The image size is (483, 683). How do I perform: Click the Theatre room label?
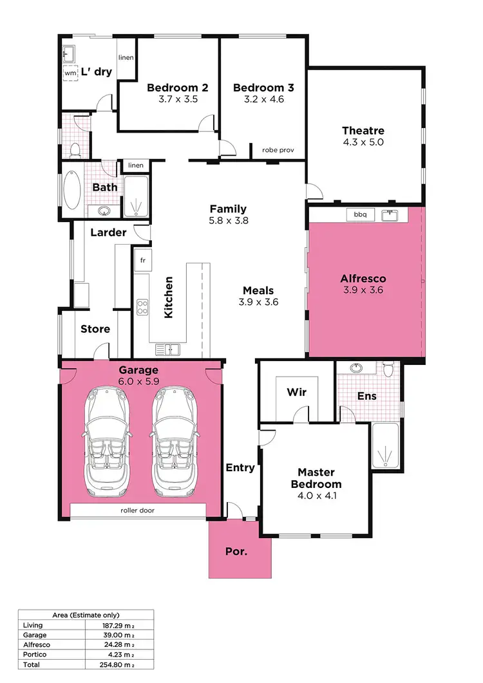click(363, 131)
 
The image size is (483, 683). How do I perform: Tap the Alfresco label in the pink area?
click(363, 279)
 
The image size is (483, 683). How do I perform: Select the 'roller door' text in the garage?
click(137, 510)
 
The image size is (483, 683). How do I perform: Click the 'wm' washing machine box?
click(70, 73)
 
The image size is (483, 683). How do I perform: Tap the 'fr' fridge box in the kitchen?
click(142, 261)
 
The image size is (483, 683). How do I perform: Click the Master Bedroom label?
click(316, 478)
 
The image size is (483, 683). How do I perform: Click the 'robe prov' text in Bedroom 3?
click(278, 150)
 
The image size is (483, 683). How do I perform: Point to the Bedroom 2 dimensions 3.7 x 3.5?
click(177, 100)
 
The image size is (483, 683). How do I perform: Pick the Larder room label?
click(108, 232)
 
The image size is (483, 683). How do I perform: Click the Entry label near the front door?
click(240, 467)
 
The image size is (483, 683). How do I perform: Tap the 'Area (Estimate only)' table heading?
click(86, 615)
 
